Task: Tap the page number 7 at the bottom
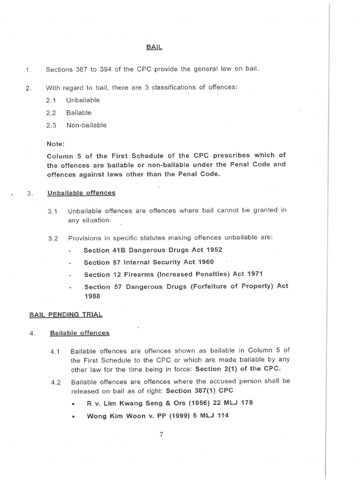(x=161, y=434)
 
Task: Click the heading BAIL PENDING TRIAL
(x=66, y=315)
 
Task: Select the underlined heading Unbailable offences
(x=81, y=193)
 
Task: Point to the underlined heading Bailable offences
(x=80, y=333)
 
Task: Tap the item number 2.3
(x=51, y=125)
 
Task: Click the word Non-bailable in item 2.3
(x=87, y=125)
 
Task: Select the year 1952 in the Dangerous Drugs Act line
(x=212, y=250)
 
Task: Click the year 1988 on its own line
(x=92, y=296)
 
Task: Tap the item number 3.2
(x=53, y=238)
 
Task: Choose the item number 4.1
(x=56, y=351)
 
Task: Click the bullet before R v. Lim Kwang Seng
(x=73, y=403)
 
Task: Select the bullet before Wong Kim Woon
(x=73, y=416)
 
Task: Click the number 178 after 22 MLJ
(x=247, y=403)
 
